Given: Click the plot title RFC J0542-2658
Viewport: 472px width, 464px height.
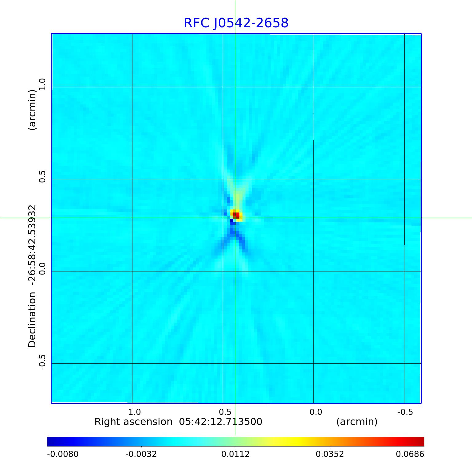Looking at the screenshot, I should (236, 23).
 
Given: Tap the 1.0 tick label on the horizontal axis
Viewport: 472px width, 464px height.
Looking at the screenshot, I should (134, 412).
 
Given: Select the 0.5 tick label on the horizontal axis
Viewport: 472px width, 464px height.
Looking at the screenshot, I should (225, 412).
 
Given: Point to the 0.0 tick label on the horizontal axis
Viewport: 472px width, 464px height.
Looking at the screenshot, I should (316, 412).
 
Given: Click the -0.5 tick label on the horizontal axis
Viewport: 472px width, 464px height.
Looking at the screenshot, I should (405, 412).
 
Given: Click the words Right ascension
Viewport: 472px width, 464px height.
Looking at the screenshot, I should (133, 422).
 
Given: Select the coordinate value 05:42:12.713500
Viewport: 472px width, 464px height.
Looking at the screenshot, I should (221, 422).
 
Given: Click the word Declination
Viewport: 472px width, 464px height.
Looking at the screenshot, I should (32, 320).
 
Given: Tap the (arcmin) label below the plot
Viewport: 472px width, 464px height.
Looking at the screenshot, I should (357, 422).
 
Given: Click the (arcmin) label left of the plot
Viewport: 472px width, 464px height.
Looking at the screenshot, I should (32, 110).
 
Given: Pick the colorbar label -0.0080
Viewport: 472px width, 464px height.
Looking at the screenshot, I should (63, 454).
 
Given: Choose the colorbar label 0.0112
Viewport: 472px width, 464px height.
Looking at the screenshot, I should (236, 454).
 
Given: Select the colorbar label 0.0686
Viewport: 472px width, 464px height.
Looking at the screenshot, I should (410, 454).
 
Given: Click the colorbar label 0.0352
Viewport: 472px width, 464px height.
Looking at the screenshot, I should (330, 454).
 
